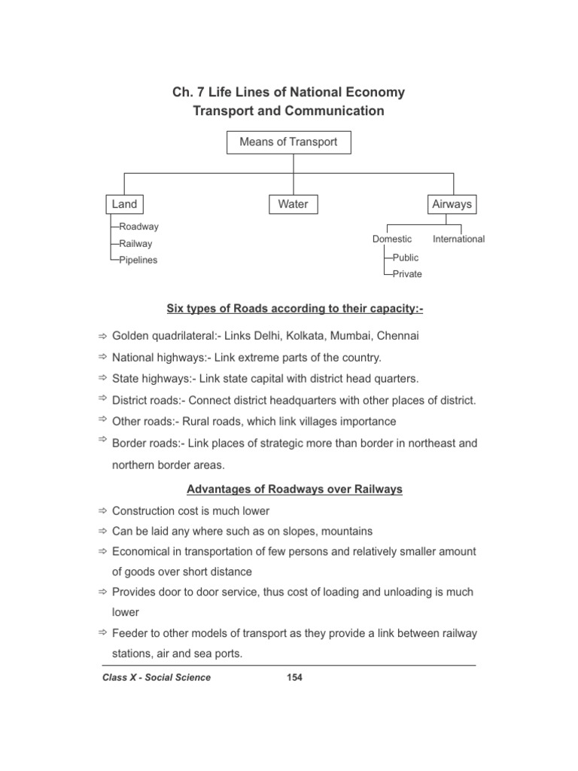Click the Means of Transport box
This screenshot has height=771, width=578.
point(288,142)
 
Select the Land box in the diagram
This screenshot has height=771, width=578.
point(124,204)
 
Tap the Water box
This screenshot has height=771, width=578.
point(293,204)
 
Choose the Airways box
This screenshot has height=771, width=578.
point(452,204)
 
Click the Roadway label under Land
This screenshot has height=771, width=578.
point(138,226)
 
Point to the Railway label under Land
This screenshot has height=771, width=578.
point(135,243)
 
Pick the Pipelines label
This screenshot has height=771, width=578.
point(138,260)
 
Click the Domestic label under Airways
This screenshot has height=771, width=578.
point(392,239)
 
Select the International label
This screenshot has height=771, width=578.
point(458,239)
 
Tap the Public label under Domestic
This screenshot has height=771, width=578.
point(405,258)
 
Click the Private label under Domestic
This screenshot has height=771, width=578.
point(407,274)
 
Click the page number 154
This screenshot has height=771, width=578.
point(294,678)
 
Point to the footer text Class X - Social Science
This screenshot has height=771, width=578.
point(157,678)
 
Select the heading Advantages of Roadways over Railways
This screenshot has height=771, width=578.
point(294,489)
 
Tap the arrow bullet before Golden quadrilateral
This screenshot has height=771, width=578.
point(103,336)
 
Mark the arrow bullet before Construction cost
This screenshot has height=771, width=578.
point(103,511)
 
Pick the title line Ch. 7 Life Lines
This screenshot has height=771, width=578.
point(288,93)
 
